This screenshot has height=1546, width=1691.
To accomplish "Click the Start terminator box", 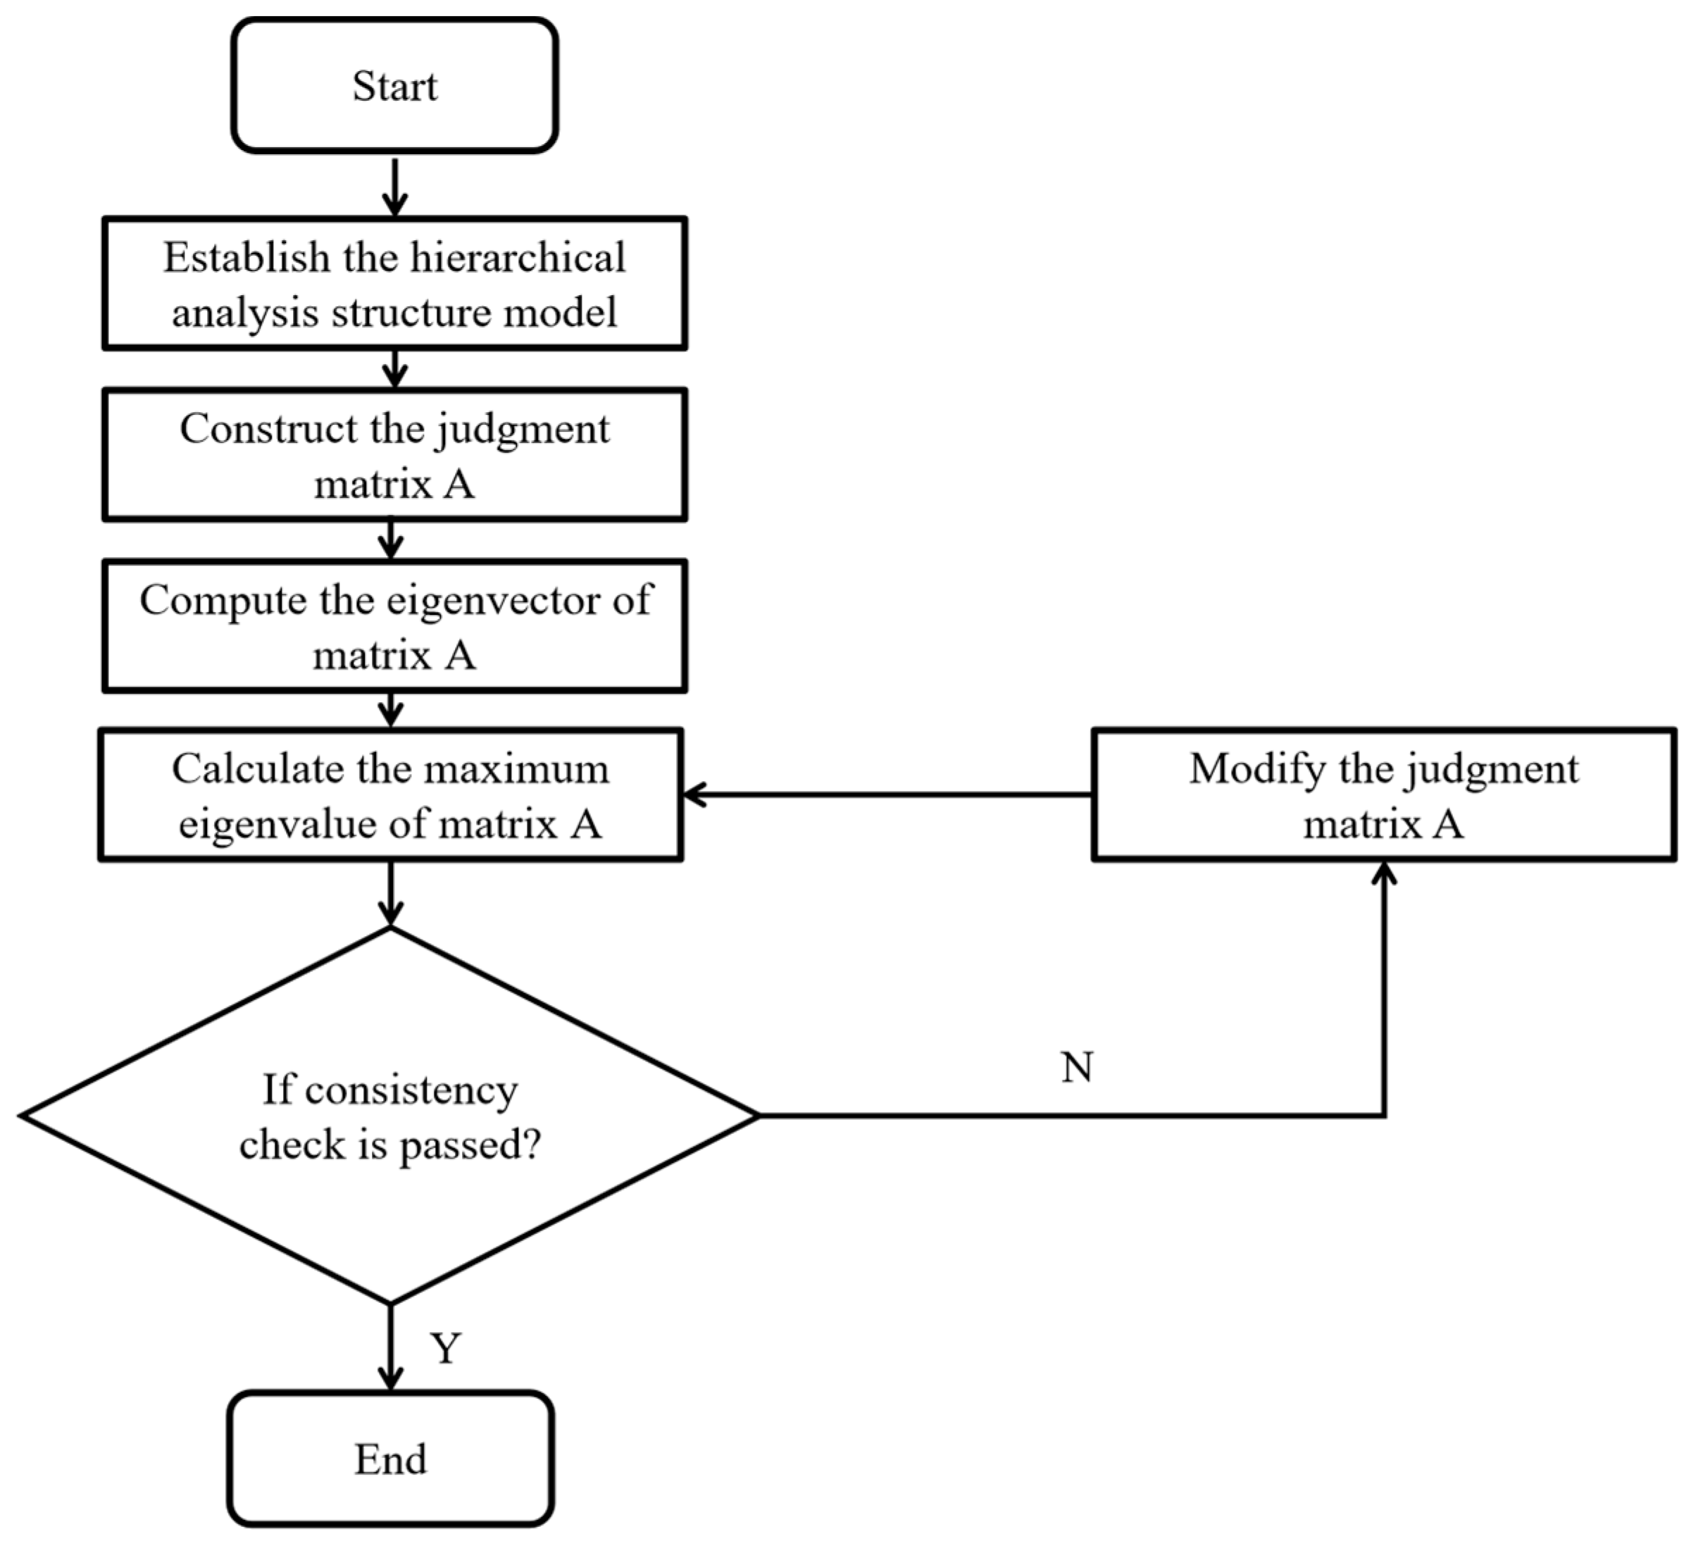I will [x=394, y=85].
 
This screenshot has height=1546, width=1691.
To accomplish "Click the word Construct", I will [x=268, y=429].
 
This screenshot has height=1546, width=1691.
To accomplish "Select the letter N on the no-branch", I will [x=1077, y=1068].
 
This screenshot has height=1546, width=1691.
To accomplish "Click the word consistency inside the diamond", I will [x=412, y=1090].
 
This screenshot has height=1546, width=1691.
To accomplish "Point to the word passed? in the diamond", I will [x=470, y=1145].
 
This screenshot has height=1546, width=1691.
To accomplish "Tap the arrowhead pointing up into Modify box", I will [x=1383, y=875].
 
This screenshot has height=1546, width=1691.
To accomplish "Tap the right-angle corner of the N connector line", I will [x=1383, y=1115].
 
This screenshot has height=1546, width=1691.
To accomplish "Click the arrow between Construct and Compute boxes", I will [x=390, y=540].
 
